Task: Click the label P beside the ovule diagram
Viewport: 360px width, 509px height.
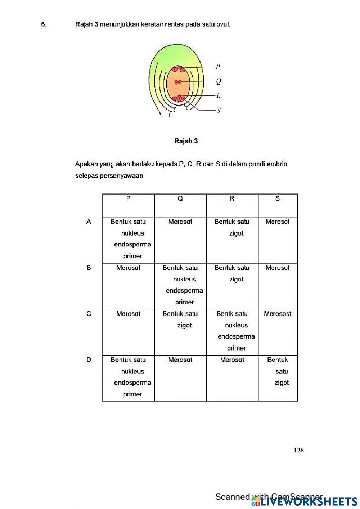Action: tap(218, 67)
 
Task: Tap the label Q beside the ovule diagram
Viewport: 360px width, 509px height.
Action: tap(218, 81)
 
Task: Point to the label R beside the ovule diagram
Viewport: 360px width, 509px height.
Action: tap(218, 95)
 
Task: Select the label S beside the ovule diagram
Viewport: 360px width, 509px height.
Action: tap(218, 110)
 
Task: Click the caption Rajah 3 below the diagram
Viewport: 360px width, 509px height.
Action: tap(186, 141)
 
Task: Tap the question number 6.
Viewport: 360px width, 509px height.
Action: tap(44, 24)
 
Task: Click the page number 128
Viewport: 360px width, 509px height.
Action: tap(298, 450)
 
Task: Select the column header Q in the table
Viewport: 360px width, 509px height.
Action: tap(180, 198)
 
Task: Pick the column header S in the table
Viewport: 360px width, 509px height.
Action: tap(277, 198)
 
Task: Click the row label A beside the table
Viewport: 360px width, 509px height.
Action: tap(89, 222)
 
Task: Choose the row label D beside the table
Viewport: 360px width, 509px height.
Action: tap(89, 360)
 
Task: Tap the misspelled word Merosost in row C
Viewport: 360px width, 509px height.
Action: tap(277, 314)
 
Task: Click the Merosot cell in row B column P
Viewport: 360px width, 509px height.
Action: tap(128, 268)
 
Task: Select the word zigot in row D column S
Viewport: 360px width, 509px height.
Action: tap(282, 383)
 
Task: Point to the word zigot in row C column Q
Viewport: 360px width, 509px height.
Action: tap(184, 325)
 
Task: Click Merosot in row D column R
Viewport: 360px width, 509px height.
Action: tap(232, 360)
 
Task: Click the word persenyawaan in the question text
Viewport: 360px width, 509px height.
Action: tap(126, 176)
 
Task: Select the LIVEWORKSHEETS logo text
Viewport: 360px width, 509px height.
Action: tap(309, 501)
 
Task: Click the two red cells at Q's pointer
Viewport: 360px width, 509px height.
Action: tap(177, 82)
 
